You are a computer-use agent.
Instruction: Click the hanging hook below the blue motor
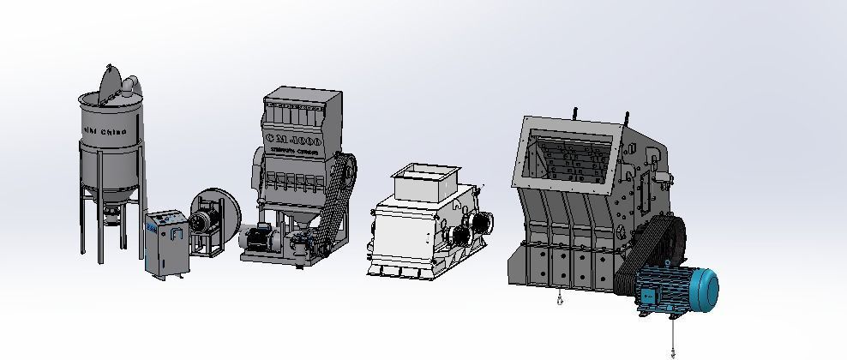(673, 350)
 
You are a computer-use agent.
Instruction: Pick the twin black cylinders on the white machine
(471, 225)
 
